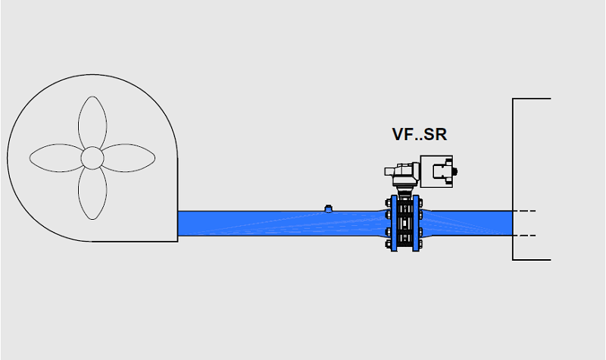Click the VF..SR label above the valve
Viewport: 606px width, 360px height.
(420, 134)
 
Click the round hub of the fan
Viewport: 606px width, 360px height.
(92, 158)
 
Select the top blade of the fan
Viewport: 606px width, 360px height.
(92, 122)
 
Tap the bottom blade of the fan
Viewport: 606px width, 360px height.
(92, 193)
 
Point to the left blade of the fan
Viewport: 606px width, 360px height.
(57, 158)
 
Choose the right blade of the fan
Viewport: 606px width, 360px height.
(128, 158)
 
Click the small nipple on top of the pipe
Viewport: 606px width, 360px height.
(328, 208)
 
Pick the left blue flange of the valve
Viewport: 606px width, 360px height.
(394, 223)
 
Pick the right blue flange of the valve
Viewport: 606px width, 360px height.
(416, 223)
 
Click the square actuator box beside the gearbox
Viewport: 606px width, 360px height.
(436, 172)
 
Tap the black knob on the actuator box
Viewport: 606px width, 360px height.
(455, 171)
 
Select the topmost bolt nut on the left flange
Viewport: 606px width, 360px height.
(388, 202)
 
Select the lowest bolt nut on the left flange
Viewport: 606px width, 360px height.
(388, 244)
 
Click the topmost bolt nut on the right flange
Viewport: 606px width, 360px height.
(421, 202)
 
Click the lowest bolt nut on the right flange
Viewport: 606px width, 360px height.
(421, 244)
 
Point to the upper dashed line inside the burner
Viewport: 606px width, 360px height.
(524, 211)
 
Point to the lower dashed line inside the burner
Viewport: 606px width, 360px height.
(524, 235)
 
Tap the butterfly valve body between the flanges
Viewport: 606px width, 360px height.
(405, 224)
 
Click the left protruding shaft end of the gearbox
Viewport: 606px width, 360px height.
(389, 171)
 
